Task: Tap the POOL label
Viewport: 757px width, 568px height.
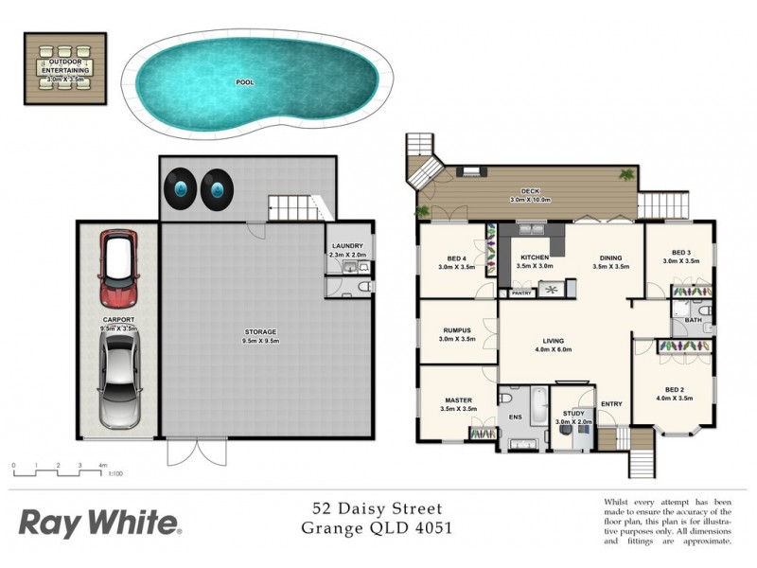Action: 245,82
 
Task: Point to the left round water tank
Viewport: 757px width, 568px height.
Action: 180,187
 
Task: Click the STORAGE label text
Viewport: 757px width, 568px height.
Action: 260,331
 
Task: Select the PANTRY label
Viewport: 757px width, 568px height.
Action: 521,293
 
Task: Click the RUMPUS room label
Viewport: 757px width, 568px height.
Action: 457,330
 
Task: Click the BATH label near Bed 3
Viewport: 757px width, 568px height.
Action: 694,321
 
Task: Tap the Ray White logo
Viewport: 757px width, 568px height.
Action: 99,522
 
